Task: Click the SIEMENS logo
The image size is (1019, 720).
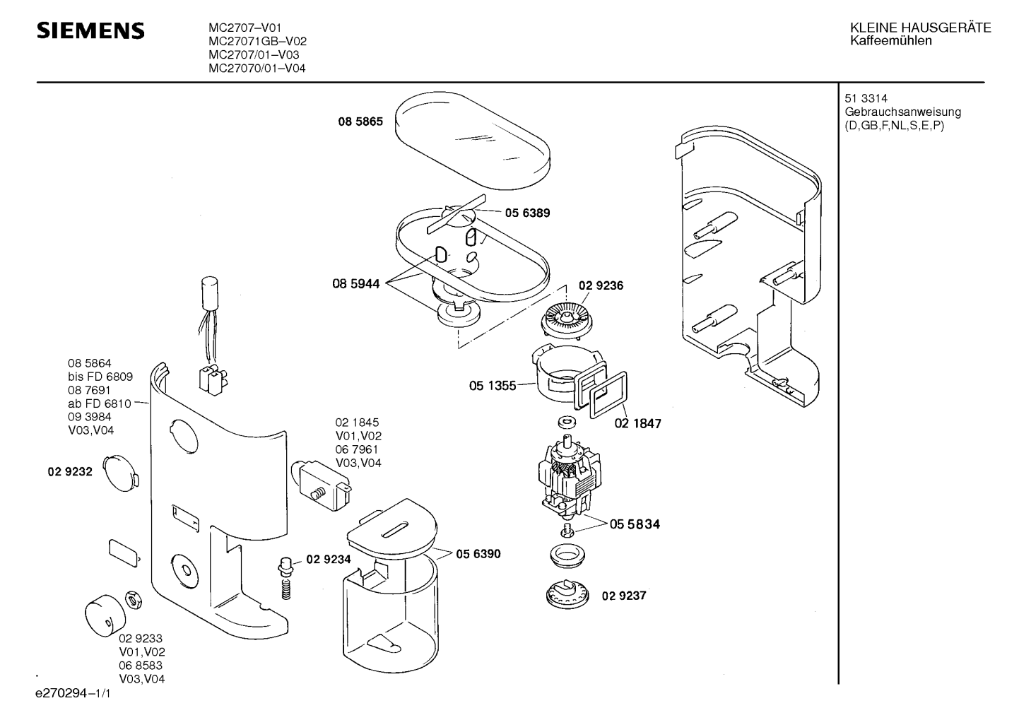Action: (x=90, y=30)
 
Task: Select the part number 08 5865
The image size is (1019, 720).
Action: (x=360, y=122)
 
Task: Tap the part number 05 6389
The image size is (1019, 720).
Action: (x=527, y=213)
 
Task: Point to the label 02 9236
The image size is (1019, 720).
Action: (x=601, y=285)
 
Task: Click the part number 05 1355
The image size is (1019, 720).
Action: (x=493, y=386)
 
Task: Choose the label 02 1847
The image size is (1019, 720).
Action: (x=638, y=423)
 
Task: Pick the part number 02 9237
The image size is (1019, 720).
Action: (x=624, y=596)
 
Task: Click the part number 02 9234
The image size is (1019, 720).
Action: (x=329, y=560)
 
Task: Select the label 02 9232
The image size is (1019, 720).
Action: (x=70, y=472)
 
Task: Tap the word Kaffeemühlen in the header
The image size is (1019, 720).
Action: (x=891, y=41)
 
